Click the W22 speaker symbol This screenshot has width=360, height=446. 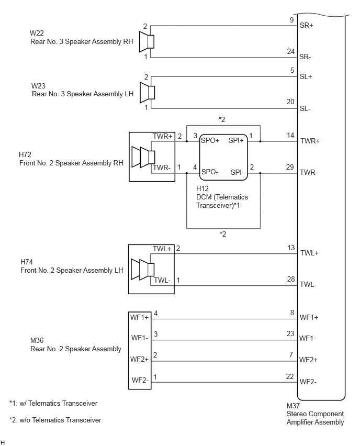pos(147,42)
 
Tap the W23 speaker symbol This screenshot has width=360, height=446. pos(148,93)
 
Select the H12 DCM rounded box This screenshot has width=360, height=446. pos(223,157)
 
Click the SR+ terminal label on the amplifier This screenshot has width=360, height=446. pos(306,25)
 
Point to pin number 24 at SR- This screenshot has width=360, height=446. pos(290,51)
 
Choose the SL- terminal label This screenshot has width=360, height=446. pos(305,109)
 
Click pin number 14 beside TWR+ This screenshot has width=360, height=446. pos(290,135)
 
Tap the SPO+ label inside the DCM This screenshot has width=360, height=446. pos(210,140)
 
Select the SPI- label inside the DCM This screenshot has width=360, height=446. pos(238,172)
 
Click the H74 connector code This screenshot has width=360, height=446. pos(27,262)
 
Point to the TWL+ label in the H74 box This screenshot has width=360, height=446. pos(162,249)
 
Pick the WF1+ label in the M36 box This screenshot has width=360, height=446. pos(139,317)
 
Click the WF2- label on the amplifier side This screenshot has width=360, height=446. pos(308,382)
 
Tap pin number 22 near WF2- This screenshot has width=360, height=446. pos(290,376)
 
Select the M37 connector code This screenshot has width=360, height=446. pos(293,406)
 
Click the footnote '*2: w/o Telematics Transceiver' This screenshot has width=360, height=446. pos(55,420)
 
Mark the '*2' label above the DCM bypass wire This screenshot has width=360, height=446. pos(222,119)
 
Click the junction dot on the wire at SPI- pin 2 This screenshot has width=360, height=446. pos(260,173)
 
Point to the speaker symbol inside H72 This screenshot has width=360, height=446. pos(143,157)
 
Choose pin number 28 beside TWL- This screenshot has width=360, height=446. pos(290,279)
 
